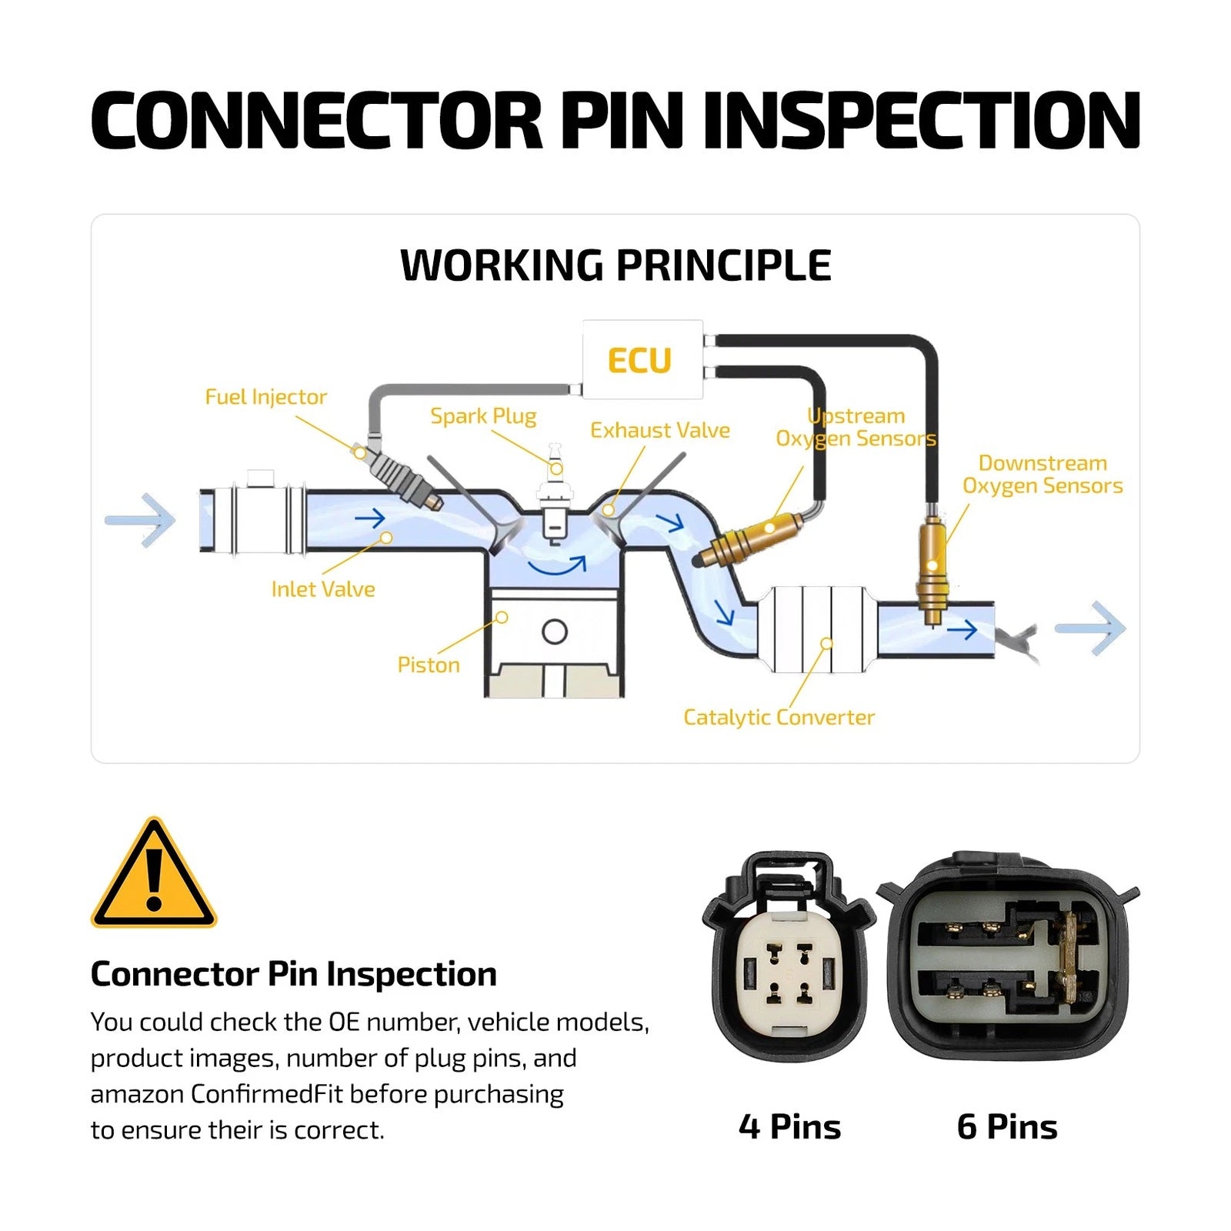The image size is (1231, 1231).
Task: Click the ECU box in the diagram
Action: point(642,359)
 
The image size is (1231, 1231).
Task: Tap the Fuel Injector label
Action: point(265,397)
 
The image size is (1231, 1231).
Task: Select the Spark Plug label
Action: point(483,416)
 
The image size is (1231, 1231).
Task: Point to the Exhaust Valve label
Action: point(660,430)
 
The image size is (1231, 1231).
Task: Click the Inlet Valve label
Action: point(323,589)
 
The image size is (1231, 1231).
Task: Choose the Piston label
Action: point(429,665)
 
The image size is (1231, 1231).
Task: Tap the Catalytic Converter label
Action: point(779,718)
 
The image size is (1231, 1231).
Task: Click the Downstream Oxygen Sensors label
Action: point(1043,475)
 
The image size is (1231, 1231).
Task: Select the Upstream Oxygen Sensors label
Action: point(856,427)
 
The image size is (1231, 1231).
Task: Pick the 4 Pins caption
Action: point(789,1126)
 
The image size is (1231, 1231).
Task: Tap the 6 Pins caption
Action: point(1007,1126)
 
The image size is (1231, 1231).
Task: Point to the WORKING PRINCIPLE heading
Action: point(615,265)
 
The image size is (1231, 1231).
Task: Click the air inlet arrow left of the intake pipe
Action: point(140,521)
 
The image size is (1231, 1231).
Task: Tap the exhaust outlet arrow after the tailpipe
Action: point(1090,629)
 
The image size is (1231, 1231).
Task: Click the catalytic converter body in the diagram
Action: point(817,629)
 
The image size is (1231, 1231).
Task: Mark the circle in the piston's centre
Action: point(555,632)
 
